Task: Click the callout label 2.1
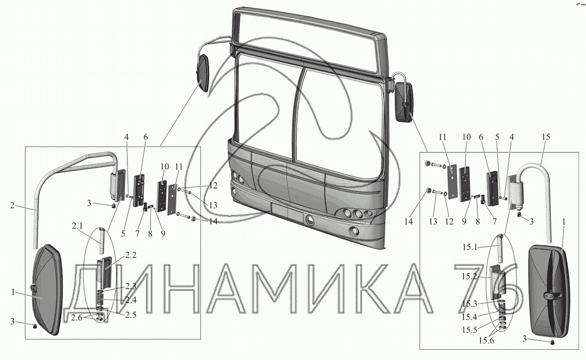78,226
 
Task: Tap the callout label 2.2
131,255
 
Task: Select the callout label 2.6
77,318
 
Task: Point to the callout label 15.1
470,247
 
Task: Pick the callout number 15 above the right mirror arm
546,137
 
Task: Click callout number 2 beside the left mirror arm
12,205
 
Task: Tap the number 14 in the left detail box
213,221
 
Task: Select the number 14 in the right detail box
408,222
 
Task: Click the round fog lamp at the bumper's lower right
355,231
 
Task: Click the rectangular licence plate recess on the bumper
287,212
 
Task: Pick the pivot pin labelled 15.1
500,249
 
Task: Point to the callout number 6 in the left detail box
146,137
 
